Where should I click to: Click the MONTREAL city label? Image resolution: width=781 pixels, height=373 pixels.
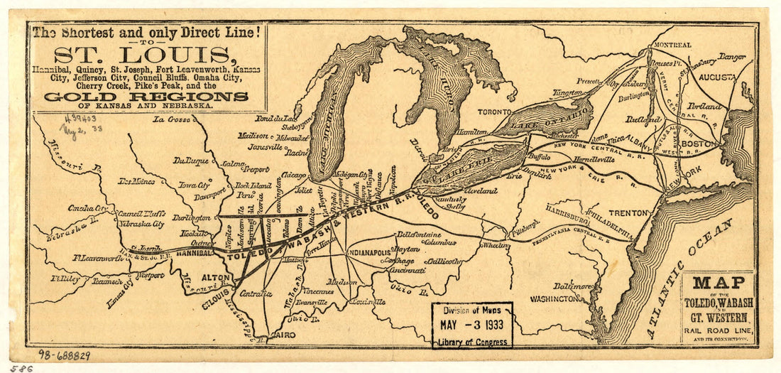coord(671,45)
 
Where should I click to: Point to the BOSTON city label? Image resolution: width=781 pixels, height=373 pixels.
coord(700,144)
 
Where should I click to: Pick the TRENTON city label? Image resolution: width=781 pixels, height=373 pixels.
coord(628,212)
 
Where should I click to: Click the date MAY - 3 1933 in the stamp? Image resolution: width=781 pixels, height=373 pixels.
coord(471,326)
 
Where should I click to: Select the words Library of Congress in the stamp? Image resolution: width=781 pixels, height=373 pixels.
coord(471,342)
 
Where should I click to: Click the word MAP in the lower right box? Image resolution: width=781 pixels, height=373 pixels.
coord(719,283)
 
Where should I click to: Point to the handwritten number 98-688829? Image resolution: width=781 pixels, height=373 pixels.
coord(63,355)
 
